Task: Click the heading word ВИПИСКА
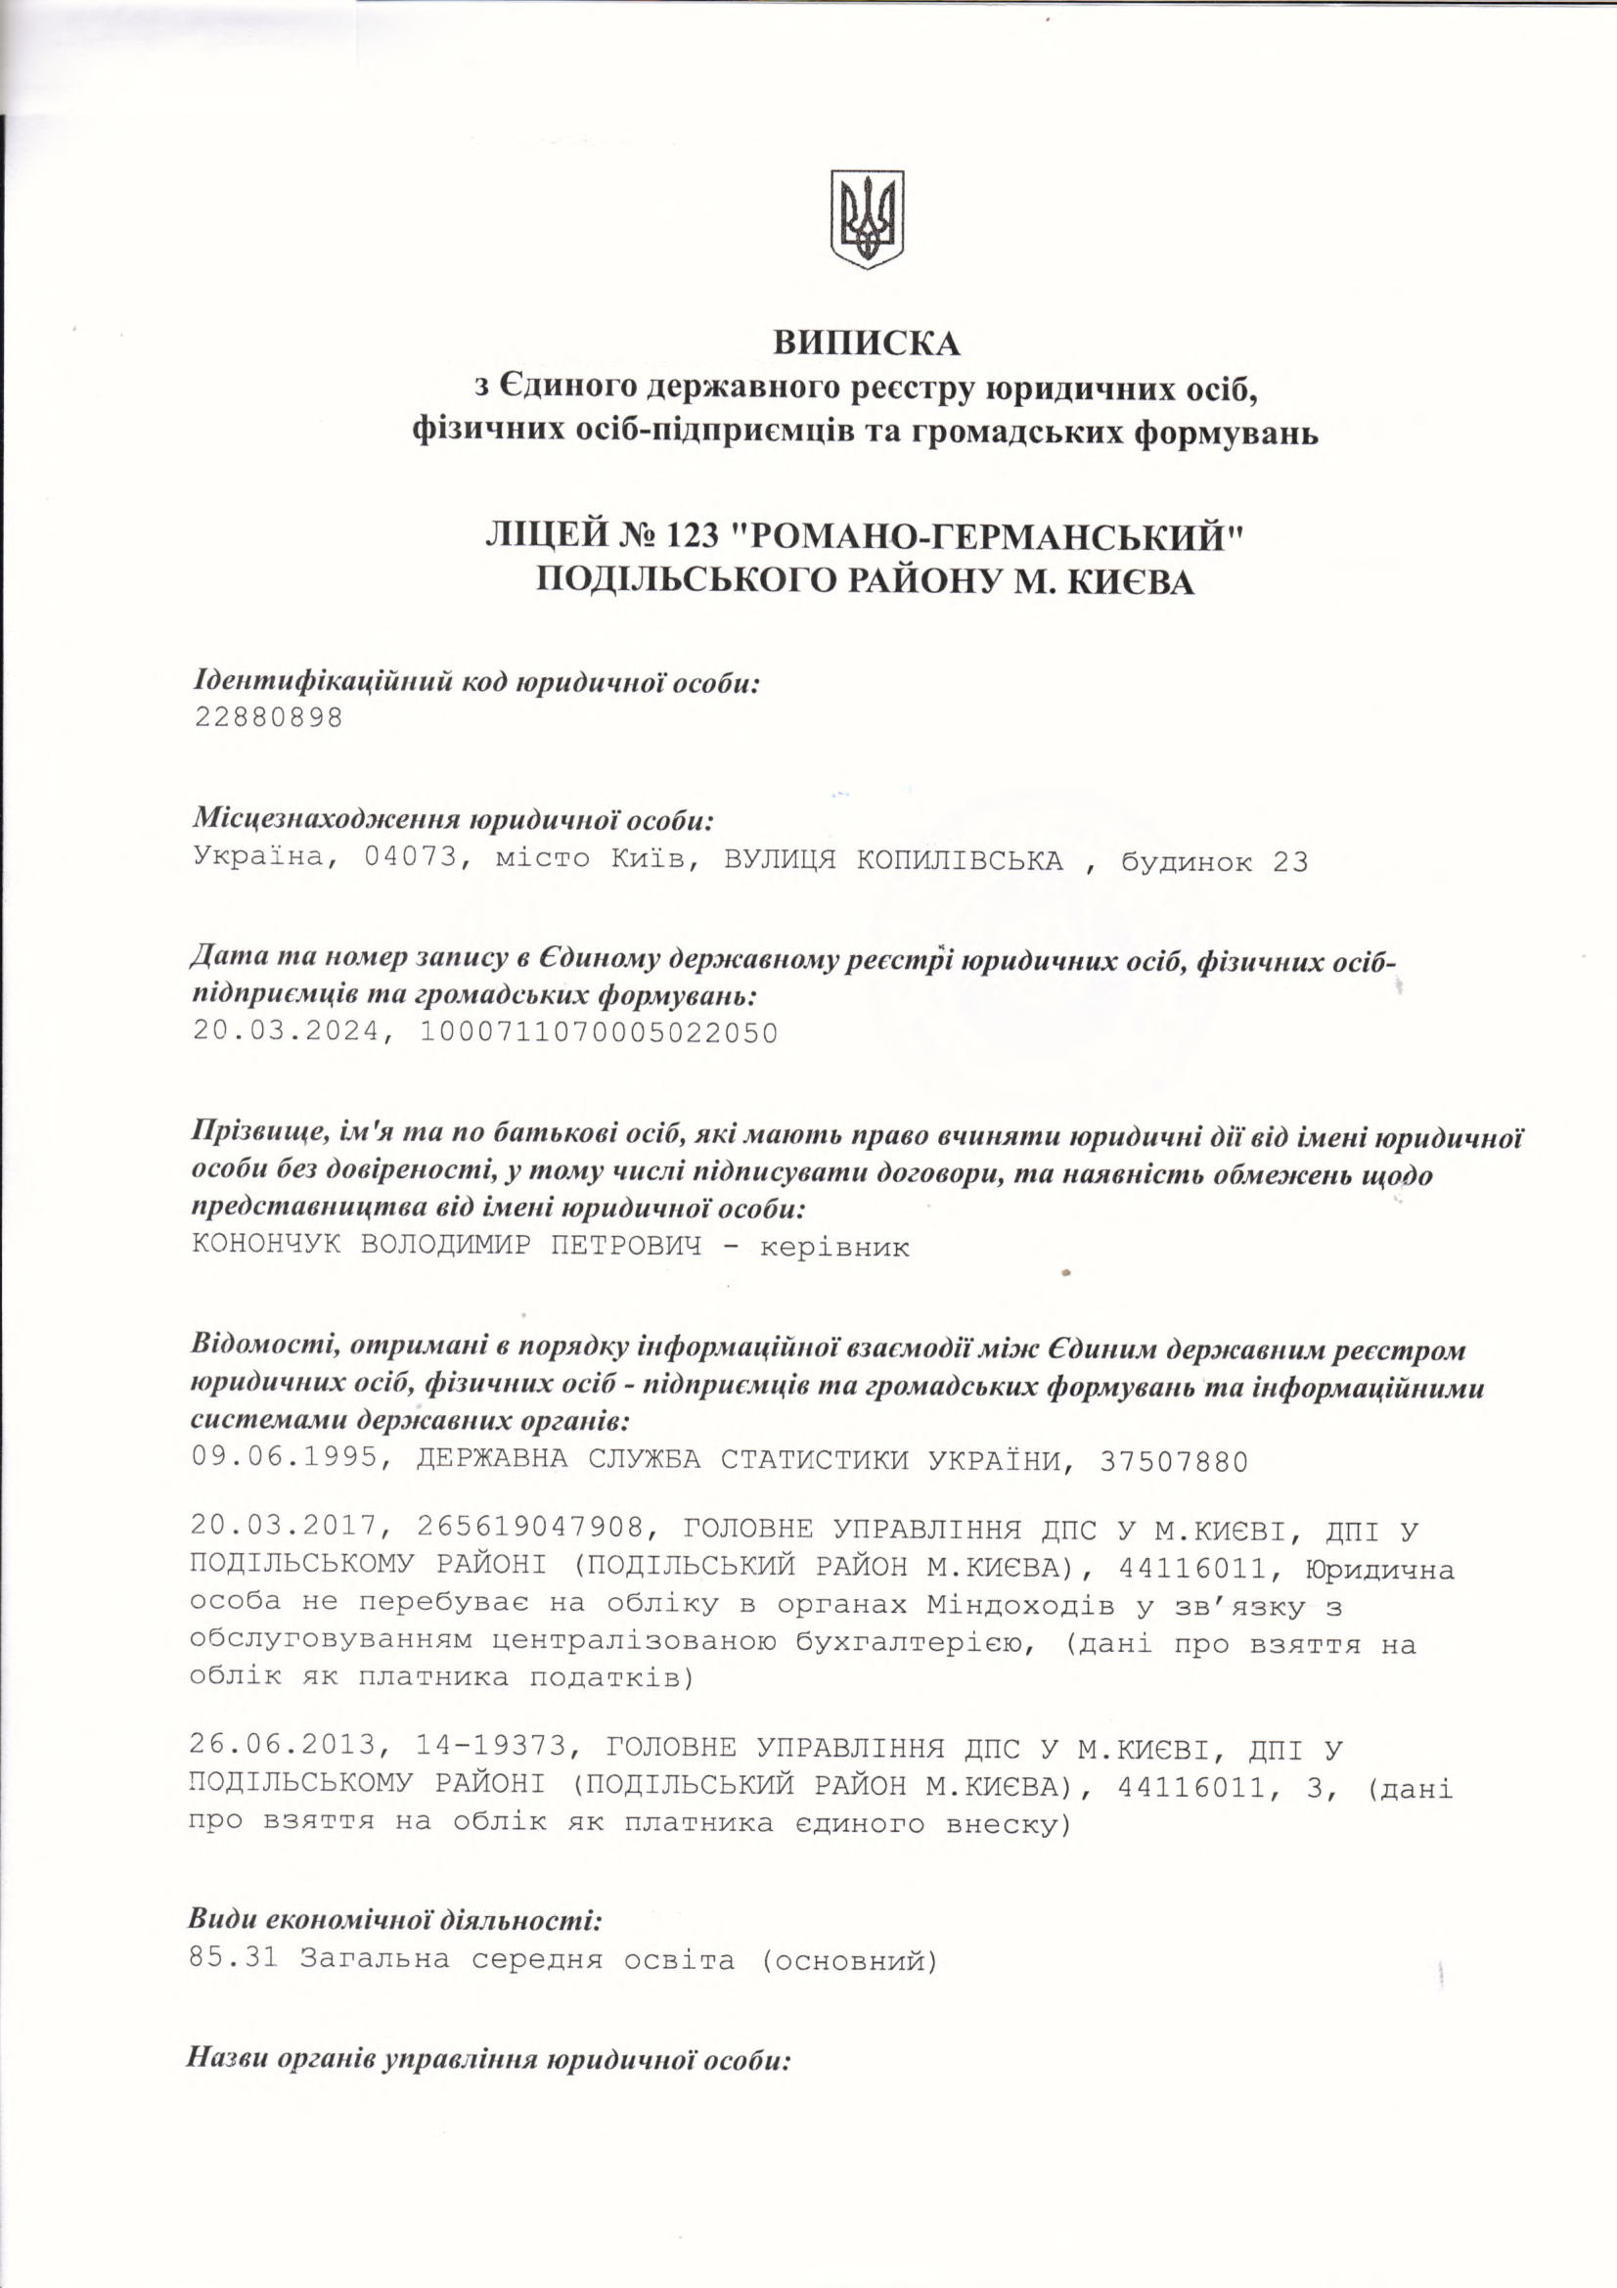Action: [867, 342]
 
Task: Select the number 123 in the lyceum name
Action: [688, 536]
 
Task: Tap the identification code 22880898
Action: [268, 717]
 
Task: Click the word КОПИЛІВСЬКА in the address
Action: [960, 860]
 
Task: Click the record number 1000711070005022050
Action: [598, 1031]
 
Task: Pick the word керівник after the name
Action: [833, 1247]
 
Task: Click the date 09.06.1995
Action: [285, 1461]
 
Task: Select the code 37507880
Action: [1173, 1461]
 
